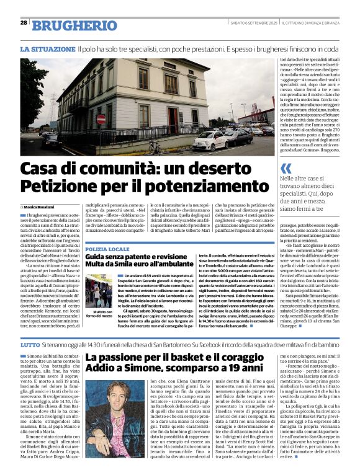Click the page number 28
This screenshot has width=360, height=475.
click(x=24, y=22)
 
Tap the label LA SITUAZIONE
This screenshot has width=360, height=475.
click(x=47, y=48)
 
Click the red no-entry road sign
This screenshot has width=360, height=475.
click(x=101, y=119)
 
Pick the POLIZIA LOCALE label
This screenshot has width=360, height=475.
click(x=107, y=248)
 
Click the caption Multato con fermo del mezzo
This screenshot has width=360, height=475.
click(x=100, y=314)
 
